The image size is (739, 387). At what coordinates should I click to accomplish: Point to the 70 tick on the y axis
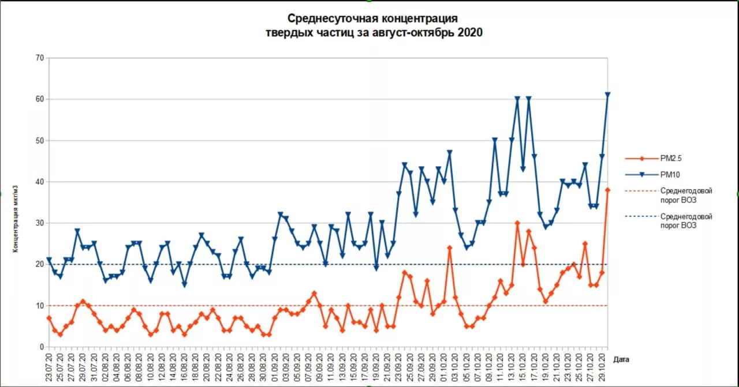click(x=40, y=58)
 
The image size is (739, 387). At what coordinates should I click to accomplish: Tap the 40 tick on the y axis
click(x=40, y=182)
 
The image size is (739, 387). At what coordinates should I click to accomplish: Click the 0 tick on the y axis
click(x=42, y=347)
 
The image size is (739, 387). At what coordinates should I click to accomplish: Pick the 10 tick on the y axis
click(x=40, y=306)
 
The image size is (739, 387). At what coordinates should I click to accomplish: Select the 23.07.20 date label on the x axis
click(x=50, y=367)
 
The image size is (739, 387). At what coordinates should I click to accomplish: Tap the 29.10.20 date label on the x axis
click(x=602, y=367)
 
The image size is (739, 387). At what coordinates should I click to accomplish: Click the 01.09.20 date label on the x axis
click(x=275, y=367)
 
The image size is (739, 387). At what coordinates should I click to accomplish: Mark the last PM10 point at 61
click(x=608, y=95)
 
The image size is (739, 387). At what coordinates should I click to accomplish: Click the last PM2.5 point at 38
click(x=608, y=190)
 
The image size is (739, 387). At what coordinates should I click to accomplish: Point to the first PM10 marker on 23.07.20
click(x=49, y=260)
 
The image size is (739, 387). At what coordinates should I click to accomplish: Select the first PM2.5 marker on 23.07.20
click(x=49, y=318)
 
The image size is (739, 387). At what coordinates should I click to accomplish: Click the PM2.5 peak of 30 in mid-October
click(x=517, y=223)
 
